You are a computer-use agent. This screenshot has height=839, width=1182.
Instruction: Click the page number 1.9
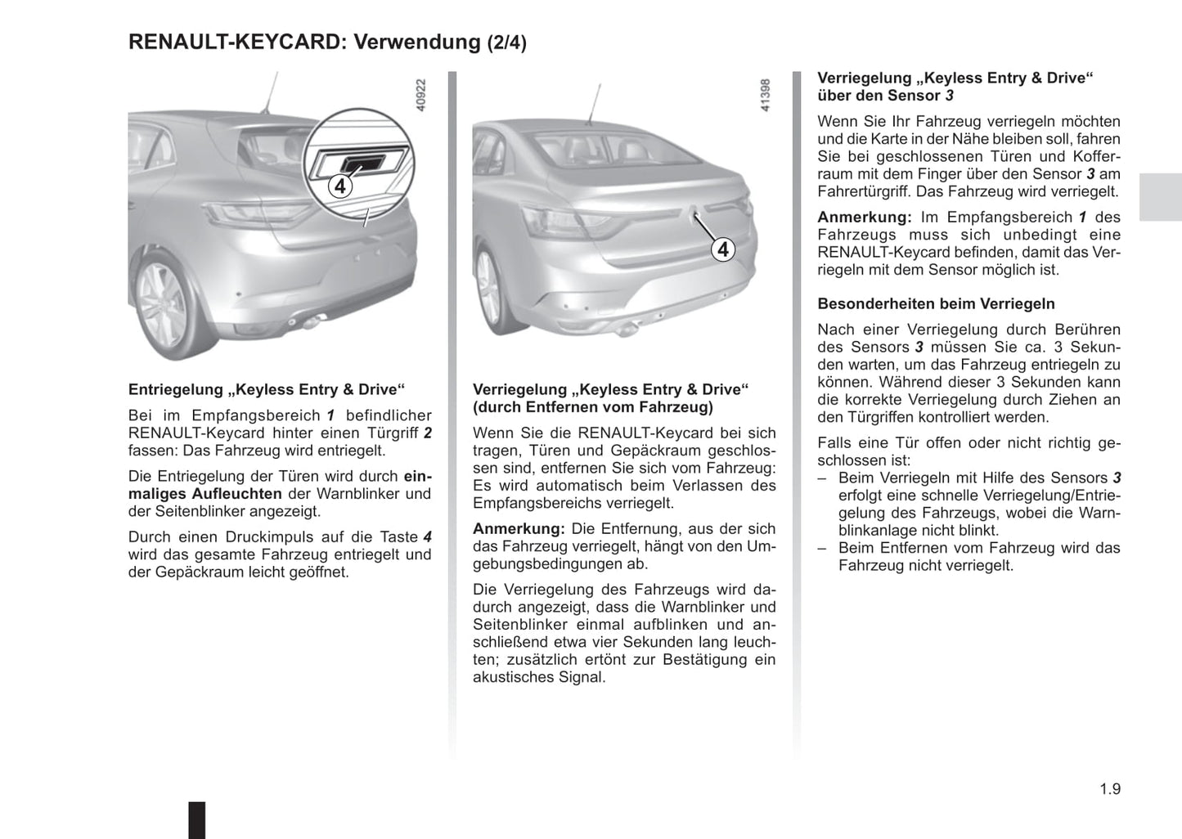pyautogui.click(x=1109, y=789)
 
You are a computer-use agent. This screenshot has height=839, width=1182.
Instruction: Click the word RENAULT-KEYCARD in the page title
pyautogui.click(x=235, y=42)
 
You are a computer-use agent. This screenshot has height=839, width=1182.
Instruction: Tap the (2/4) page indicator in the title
pyautogui.click(x=506, y=43)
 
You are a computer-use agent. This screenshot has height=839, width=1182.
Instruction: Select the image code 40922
pyautogui.click(x=421, y=95)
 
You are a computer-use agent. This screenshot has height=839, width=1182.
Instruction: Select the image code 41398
pyautogui.click(x=766, y=95)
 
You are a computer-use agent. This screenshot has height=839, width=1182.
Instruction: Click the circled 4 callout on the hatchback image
pyautogui.click(x=340, y=186)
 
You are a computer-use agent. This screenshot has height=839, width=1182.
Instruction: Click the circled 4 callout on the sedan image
pyautogui.click(x=722, y=249)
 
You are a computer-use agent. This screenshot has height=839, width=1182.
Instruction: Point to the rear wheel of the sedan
pyautogui.click(x=489, y=288)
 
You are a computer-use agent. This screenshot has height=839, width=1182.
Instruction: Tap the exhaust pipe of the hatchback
pyautogui.click(x=311, y=323)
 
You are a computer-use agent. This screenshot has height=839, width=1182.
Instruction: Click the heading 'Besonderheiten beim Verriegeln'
pyautogui.click(x=936, y=304)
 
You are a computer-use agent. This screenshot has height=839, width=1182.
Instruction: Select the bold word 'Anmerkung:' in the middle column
pyautogui.click(x=519, y=529)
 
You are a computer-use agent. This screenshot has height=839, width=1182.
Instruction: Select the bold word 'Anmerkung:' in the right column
pyautogui.click(x=864, y=218)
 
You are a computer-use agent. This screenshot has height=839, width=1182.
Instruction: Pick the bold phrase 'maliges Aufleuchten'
pyautogui.click(x=205, y=494)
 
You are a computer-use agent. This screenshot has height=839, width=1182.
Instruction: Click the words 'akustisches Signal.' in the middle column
pyautogui.click(x=539, y=677)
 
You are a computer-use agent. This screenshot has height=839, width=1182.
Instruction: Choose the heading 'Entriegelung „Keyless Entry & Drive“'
pyautogui.click(x=267, y=390)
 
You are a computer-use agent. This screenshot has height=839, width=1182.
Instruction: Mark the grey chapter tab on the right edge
pyautogui.click(x=1160, y=197)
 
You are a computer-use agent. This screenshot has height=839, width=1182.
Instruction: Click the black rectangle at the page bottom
pyautogui.click(x=197, y=819)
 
